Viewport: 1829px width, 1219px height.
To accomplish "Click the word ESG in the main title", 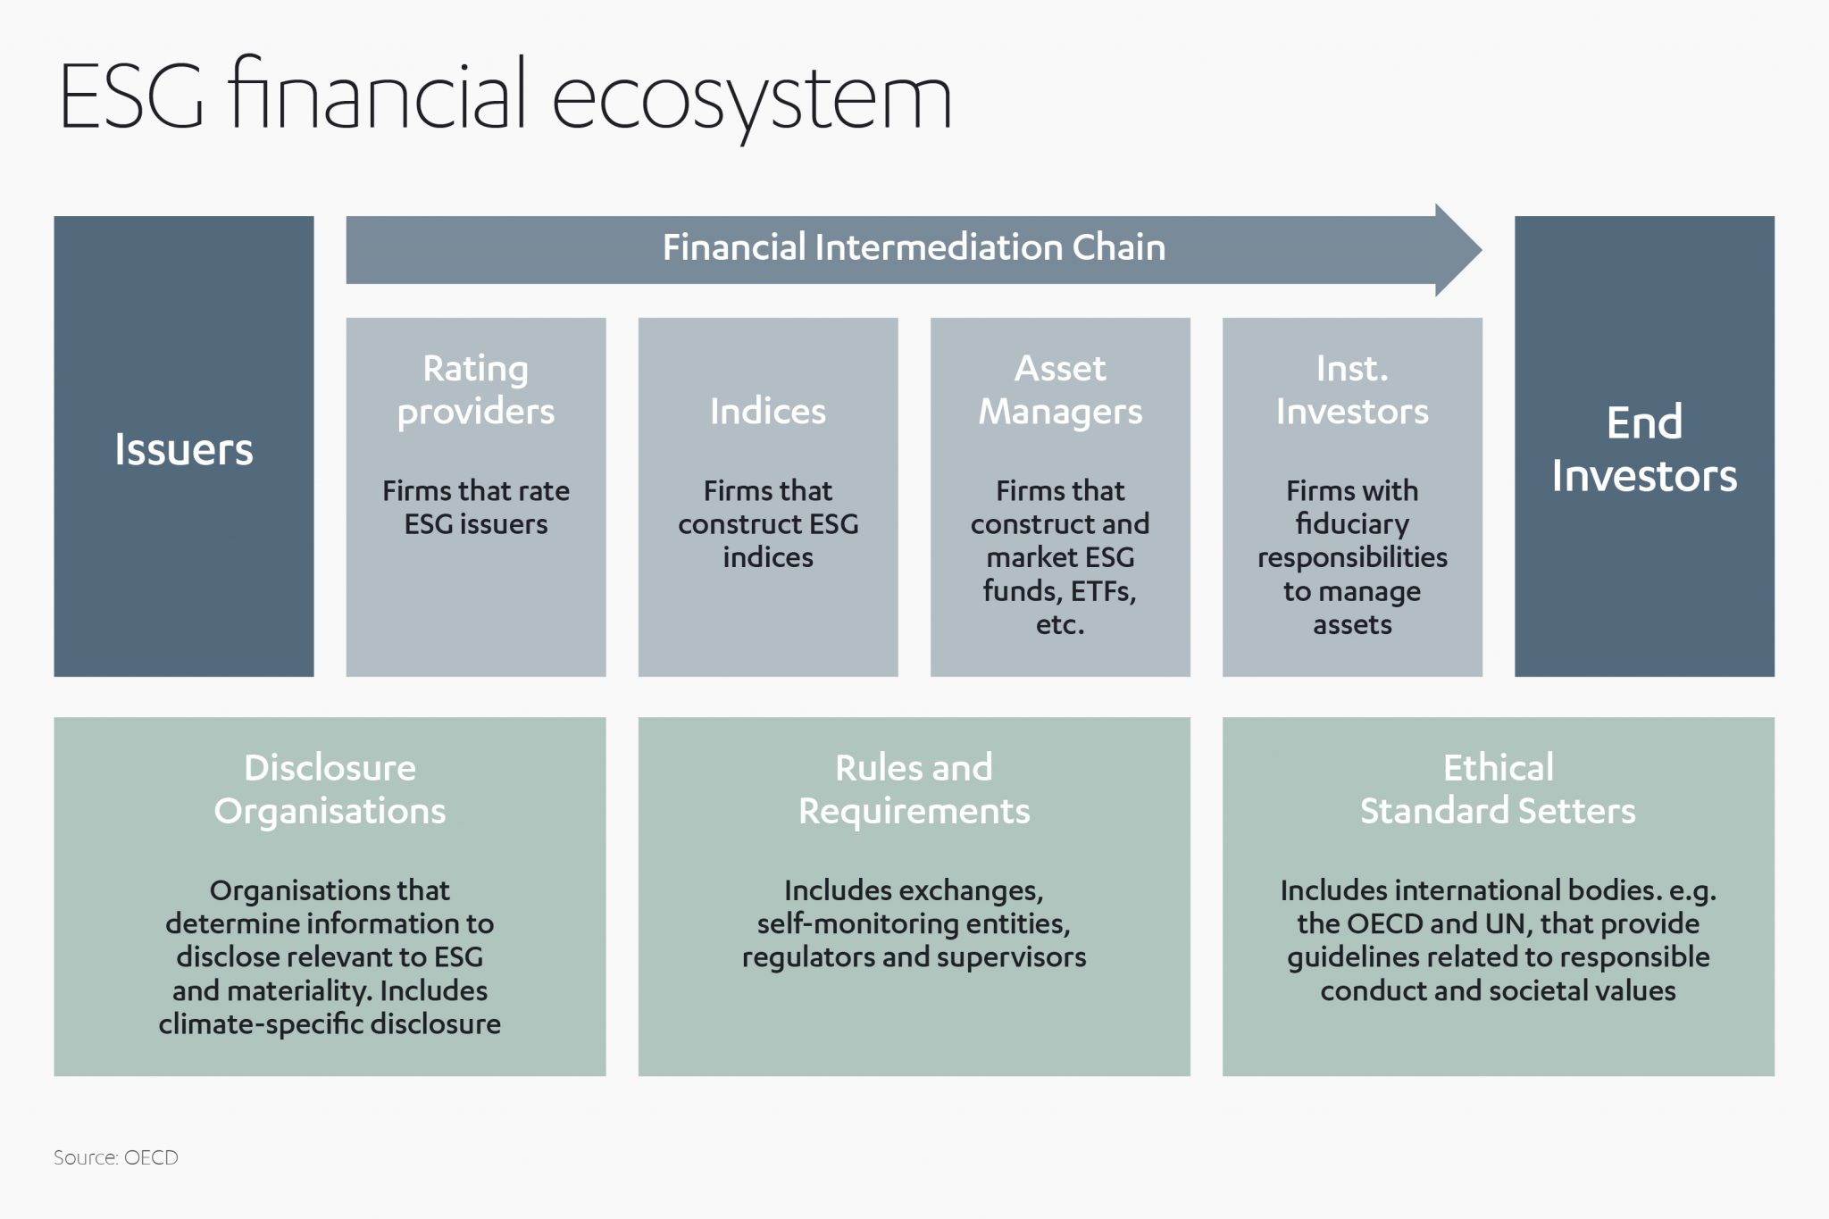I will [131, 96].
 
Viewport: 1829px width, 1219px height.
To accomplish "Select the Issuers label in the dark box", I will [184, 449].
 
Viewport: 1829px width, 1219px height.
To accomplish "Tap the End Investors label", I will [1644, 448].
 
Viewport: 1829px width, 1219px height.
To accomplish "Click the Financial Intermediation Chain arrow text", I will [914, 247].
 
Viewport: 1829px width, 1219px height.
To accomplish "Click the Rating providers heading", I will [476, 390].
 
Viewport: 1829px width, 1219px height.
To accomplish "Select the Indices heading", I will [768, 412].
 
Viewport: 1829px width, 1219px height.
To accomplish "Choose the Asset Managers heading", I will [1060, 390].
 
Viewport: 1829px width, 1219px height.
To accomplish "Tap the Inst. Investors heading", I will [1352, 390].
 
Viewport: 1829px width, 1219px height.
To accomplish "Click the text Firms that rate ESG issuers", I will [476, 507].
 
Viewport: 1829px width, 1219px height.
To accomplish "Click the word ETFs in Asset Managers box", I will [1103, 591].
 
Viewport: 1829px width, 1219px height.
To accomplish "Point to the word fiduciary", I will [1352, 524].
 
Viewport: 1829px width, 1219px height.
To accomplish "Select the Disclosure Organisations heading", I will [330, 789].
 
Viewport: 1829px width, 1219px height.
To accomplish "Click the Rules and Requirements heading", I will [914, 789].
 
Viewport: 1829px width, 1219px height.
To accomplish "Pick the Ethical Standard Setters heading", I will [1498, 789].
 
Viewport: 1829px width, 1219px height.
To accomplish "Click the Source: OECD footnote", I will [116, 1157].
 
